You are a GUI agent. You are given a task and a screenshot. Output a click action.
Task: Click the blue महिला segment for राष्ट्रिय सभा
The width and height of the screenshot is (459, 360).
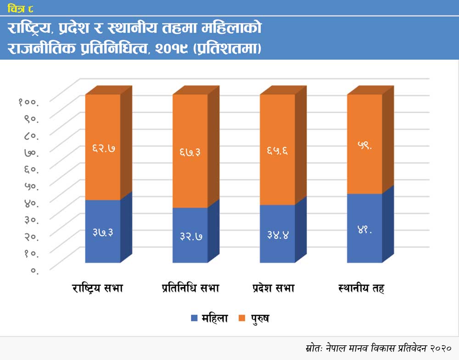tap(103, 248)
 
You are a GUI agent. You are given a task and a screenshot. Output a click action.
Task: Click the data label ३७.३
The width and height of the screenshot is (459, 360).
tap(103, 233)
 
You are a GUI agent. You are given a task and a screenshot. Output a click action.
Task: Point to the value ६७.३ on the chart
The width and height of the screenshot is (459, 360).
tap(190, 152)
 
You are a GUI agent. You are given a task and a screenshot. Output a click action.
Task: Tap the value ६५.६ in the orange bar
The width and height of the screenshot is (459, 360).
tap(278, 150)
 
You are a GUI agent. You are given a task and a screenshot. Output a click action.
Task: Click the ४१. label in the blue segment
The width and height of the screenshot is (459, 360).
tap(364, 230)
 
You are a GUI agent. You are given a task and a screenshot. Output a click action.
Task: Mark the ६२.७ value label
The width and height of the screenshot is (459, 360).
tap(103, 148)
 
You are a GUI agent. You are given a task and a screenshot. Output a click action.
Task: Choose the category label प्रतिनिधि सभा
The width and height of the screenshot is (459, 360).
tap(190, 288)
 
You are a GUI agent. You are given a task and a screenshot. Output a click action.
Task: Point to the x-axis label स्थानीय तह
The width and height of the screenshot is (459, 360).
tap(361, 288)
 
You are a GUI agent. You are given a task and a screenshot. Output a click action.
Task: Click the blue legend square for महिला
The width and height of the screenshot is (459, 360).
tap(194, 318)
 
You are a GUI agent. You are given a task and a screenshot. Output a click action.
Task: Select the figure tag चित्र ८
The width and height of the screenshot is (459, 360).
tap(20, 8)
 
